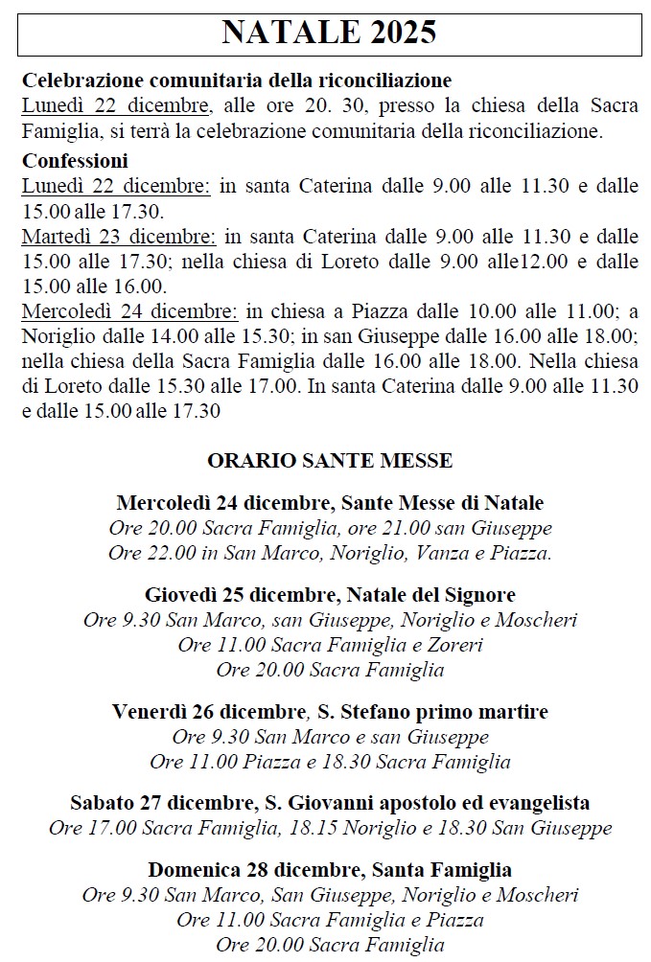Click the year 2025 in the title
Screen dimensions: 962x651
(x=399, y=34)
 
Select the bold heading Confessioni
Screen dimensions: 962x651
(x=75, y=161)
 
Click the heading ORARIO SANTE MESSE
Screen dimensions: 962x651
(x=330, y=461)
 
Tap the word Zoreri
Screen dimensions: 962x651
(x=451, y=645)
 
